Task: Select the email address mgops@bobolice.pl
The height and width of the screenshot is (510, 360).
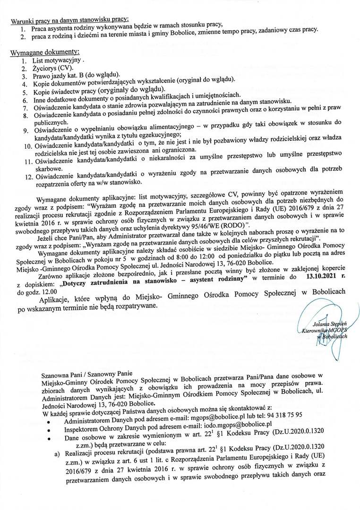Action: pyautogui.click(x=213, y=419)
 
